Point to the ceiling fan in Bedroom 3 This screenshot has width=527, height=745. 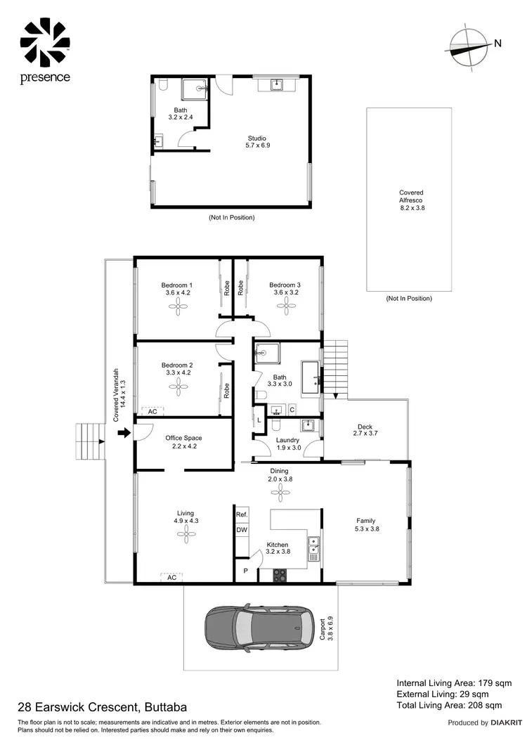(285, 303)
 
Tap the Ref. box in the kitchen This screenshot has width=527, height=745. (242, 514)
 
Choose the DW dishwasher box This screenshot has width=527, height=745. (242, 530)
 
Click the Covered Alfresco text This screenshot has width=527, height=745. (411, 200)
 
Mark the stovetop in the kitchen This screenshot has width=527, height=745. (279, 574)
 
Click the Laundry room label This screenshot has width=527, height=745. (288, 443)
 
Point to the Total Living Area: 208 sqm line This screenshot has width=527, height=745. (449, 705)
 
